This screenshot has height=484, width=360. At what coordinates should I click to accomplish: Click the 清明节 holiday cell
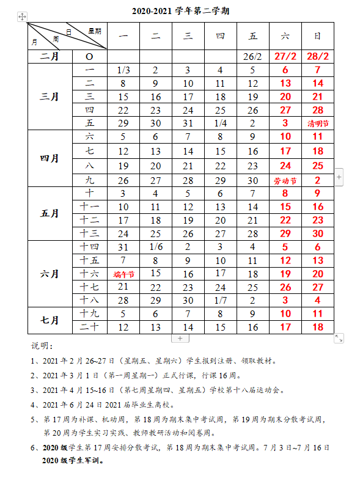[x=318, y=123]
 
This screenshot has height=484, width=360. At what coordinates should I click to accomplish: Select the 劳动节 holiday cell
[x=284, y=181]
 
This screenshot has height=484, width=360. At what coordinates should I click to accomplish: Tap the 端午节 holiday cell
[x=123, y=274]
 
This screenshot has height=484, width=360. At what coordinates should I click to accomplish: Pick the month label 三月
[x=50, y=97]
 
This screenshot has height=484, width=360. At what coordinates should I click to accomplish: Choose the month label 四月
[x=50, y=158]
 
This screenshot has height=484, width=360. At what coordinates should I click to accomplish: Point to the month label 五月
[x=50, y=213]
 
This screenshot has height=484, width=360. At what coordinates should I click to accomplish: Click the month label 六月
[x=50, y=273]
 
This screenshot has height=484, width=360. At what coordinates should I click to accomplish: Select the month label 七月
[x=50, y=320]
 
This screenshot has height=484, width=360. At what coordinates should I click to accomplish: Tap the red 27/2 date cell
[x=285, y=56]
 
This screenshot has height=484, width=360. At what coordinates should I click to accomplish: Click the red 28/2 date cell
[x=318, y=56]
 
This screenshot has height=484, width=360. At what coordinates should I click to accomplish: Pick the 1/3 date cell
[x=123, y=70]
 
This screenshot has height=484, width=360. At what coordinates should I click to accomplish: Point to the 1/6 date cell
[x=156, y=247]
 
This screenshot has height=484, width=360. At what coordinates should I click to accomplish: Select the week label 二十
[x=90, y=327]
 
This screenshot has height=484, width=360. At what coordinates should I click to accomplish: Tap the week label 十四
[x=90, y=247]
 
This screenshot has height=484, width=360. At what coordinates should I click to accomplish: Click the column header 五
[x=252, y=36]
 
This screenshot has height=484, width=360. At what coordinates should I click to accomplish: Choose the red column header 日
[x=318, y=36]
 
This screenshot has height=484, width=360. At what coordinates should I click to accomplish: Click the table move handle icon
[x=23, y=17]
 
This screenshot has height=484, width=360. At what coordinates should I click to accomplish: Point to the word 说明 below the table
[x=42, y=346]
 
